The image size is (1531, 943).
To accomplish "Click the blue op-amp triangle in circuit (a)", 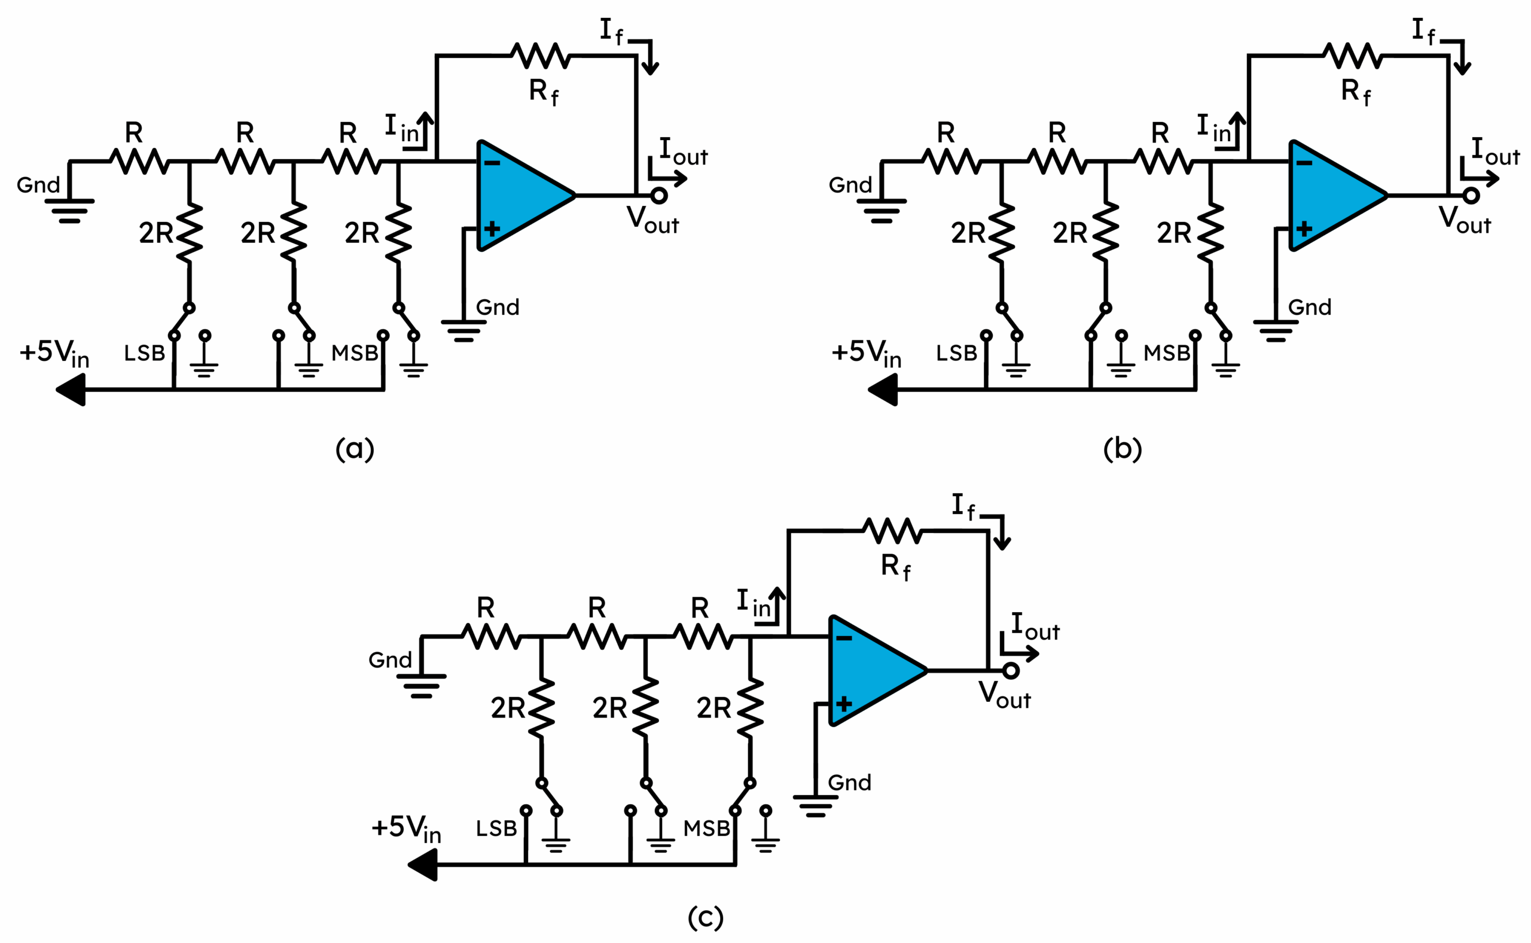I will coord(520,195).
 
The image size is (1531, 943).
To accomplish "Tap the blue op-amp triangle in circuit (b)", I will coord(1333,195).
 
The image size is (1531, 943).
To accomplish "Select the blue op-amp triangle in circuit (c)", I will coord(873,671).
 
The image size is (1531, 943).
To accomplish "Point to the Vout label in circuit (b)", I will coord(1463,220).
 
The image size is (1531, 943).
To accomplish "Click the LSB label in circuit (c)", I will coord(496,828).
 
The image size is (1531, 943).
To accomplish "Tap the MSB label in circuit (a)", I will coord(354,353).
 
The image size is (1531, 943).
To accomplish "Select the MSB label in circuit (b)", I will coord(1166,353).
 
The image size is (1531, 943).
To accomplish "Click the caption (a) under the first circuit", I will coord(355,449).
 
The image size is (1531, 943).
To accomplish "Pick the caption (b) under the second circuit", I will coord(1122,449).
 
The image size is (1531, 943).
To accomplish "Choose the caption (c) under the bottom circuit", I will coord(705,917).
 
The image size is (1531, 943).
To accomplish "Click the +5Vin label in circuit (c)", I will coord(406,828).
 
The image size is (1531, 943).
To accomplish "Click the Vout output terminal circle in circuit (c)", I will coord(1011,671).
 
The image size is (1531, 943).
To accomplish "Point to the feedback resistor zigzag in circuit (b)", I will coord(1353,56).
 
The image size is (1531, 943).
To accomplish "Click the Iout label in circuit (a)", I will coord(683,152).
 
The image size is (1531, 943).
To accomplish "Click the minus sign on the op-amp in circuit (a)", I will coord(492,163).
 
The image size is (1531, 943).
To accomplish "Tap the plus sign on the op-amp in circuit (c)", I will coord(843,704).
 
